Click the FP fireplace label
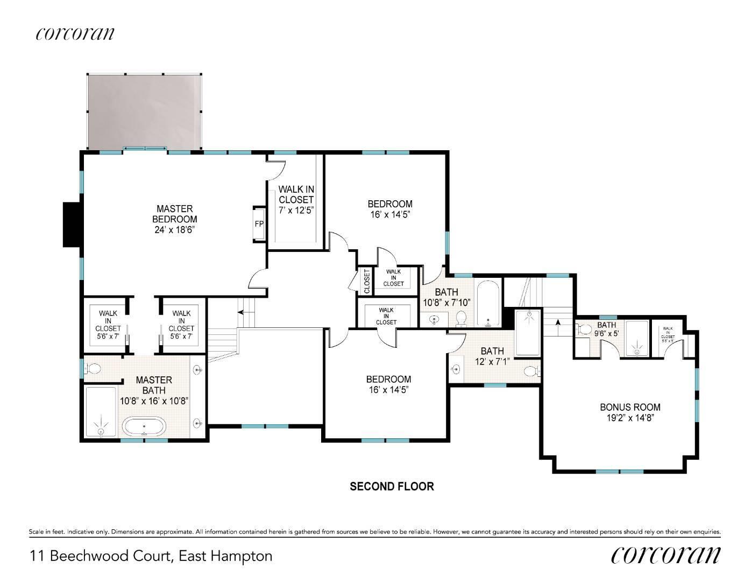coord(259,224)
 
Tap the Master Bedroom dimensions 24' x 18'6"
coord(175,230)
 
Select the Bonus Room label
coord(630,407)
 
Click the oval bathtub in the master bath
coord(145,426)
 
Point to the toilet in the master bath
coord(91,369)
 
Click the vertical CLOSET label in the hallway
coord(367,281)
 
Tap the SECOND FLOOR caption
coord(392,487)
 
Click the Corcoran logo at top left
coord(75,33)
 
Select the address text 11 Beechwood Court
coord(101,556)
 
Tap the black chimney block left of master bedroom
coord(72,225)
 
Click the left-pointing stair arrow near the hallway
coord(245,312)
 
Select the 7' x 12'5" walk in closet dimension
coord(296,211)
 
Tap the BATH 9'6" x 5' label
coord(607,329)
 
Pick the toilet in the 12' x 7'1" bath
coord(531,371)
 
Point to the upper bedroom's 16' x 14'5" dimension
coord(390,215)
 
